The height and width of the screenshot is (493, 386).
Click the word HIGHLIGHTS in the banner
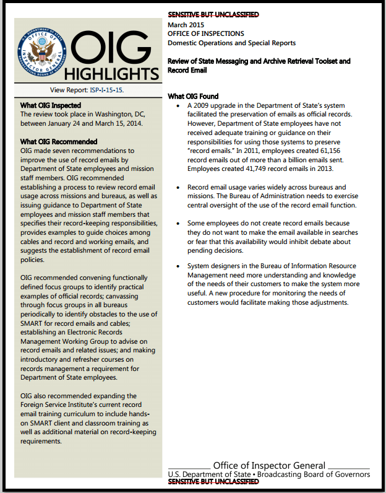tap(112, 74)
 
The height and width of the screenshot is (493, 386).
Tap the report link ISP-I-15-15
tap(103, 90)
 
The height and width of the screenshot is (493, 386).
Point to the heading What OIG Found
tap(193, 97)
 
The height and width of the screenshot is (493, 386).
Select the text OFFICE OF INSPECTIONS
tap(206, 33)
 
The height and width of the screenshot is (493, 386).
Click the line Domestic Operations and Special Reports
tap(231, 43)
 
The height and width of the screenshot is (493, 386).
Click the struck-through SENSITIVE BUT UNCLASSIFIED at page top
tap(213, 15)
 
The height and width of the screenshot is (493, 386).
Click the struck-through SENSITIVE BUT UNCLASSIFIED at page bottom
tap(213, 481)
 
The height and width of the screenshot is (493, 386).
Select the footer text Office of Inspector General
tap(269, 465)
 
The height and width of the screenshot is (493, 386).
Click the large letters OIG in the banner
tap(112, 47)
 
